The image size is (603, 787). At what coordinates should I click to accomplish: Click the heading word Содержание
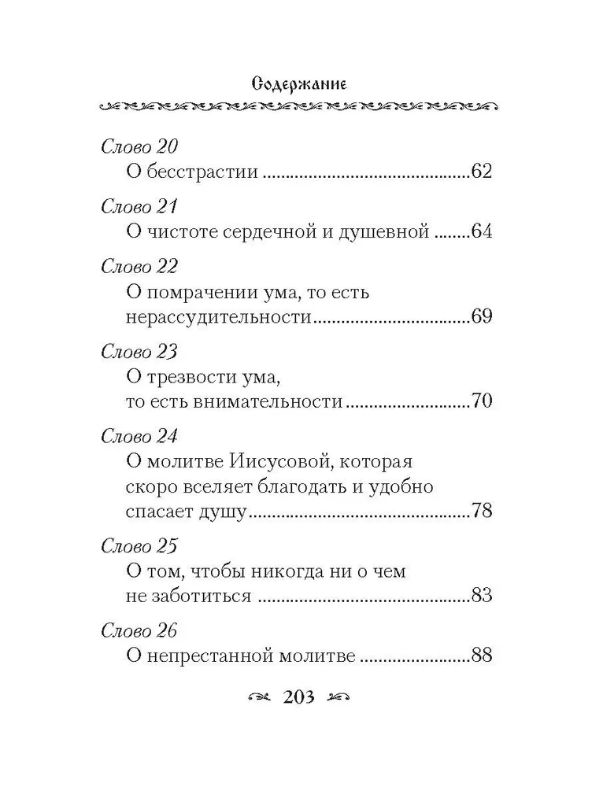[x=301, y=82]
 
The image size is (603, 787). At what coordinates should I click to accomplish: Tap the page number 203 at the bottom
[x=301, y=697]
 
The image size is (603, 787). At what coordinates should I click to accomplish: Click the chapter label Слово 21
[x=139, y=207]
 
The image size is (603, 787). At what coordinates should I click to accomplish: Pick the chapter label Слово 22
[x=140, y=267]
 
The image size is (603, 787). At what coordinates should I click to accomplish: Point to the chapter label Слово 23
[x=140, y=352]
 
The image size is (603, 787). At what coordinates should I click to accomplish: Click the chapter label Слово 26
[x=140, y=630]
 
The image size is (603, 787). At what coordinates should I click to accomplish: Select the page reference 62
[x=479, y=172]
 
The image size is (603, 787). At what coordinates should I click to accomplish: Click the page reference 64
[x=479, y=231]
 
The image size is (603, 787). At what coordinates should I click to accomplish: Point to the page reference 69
[x=479, y=316]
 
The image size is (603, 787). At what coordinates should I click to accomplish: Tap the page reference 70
[x=479, y=401]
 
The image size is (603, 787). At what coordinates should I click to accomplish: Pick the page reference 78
[x=479, y=511]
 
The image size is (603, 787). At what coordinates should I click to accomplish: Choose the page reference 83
[x=479, y=596]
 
